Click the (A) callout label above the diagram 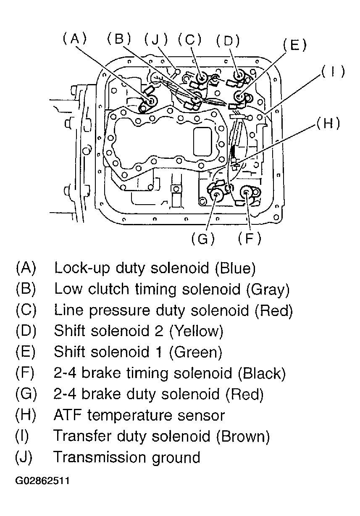pos(75,39)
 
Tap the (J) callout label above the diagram pos(156,39)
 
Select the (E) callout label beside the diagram pos(294,45)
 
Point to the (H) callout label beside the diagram pos(328,124)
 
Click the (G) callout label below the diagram pos(203,239)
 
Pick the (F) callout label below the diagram pos(250,238)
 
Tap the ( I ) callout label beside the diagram pos(333,71)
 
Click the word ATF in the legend pos(68,415)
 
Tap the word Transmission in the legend pos(100,457)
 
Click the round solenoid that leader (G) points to pos(216,195)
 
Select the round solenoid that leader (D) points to pos(239,75)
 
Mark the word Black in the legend pos(262,373)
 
